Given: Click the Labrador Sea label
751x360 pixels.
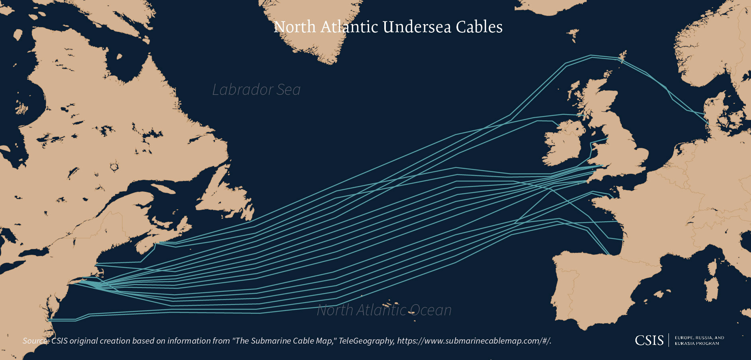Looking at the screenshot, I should [256, 90].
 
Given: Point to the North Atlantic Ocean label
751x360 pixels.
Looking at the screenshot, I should [384, 310].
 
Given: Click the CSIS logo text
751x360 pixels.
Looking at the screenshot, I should [649, 340].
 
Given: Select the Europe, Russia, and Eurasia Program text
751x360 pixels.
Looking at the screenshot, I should [699, 340].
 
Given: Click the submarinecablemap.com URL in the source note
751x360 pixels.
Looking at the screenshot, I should [474, 341].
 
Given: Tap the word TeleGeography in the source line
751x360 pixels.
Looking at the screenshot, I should [366, 341].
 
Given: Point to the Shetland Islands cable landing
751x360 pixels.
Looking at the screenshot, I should [622, 58].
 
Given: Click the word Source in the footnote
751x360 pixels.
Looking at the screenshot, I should [35, 341].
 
